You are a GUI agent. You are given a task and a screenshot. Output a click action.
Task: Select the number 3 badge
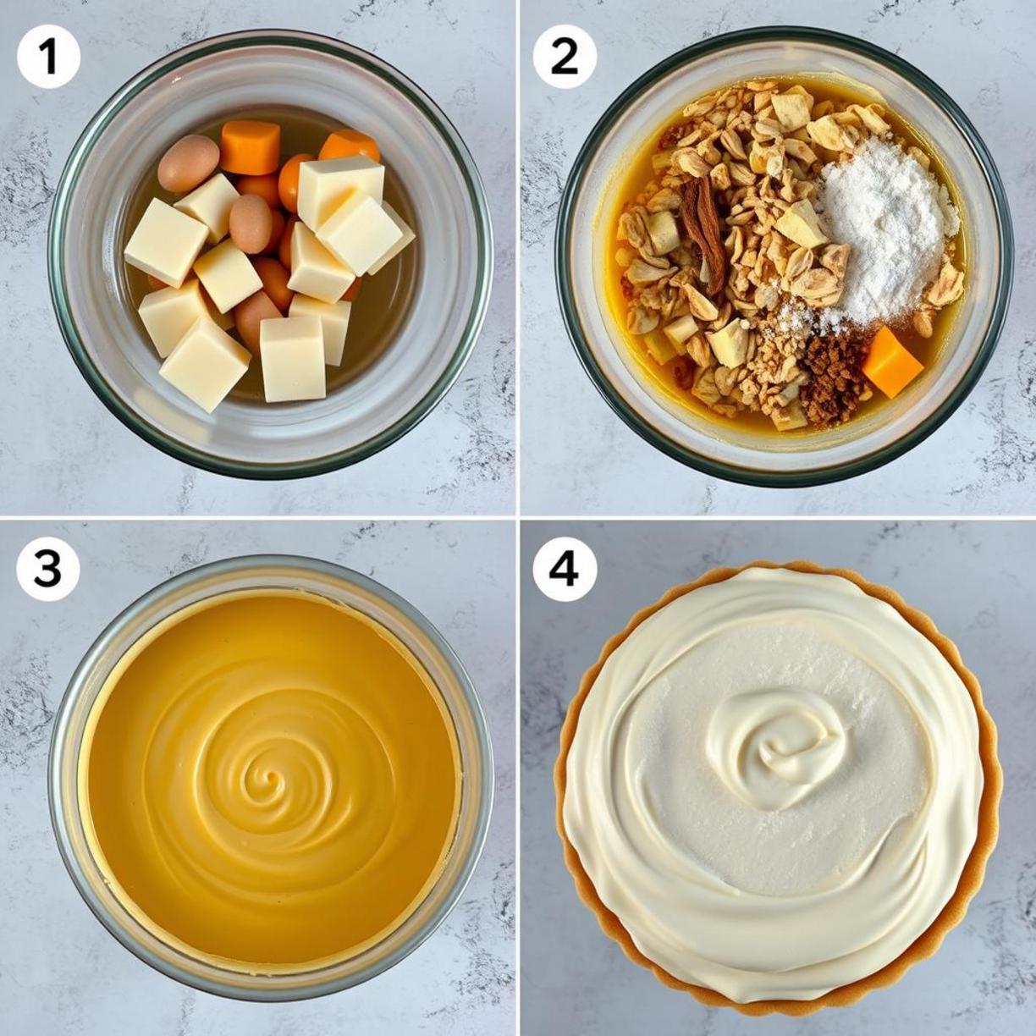tap(48, 570)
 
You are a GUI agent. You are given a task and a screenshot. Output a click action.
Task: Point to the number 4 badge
tap(565, 570)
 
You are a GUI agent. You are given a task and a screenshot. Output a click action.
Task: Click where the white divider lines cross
tap(518, 518)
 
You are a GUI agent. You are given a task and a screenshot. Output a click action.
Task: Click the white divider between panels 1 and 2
tap(518, 257)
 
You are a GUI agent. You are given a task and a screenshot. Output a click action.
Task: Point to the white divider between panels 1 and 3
tap(257, 518)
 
